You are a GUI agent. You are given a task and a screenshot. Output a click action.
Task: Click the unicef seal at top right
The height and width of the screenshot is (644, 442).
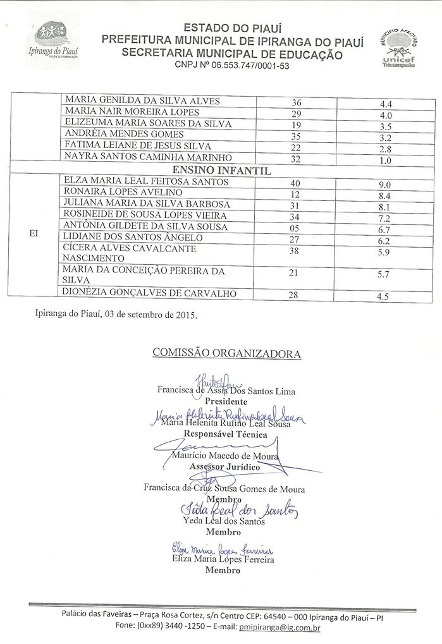point(398,47)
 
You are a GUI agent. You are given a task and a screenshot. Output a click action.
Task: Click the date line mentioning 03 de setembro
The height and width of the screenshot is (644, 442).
point(116,315)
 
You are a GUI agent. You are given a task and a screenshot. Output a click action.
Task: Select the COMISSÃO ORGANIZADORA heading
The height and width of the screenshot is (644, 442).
point(226,354)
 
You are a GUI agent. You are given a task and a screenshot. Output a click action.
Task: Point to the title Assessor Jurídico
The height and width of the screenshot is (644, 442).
point(226,466)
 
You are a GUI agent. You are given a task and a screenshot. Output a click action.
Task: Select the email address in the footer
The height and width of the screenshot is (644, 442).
point(279,628)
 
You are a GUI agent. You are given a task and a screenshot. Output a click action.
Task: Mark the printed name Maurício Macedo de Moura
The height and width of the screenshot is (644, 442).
point(226,455)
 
